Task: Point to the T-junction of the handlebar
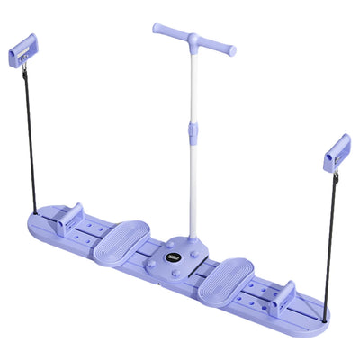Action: point(192,40)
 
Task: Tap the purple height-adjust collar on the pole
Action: point(191,133)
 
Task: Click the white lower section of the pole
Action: point(190,189)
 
